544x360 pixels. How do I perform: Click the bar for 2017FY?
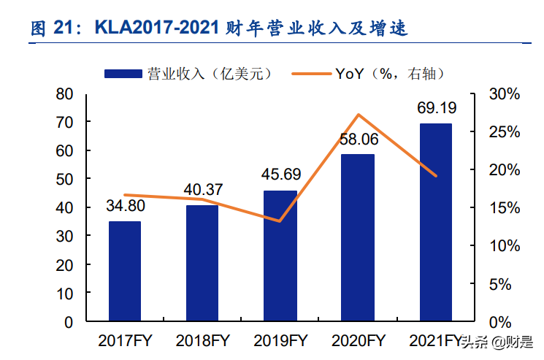click(x=125, y=271)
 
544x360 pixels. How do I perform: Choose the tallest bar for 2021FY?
click(x=435, y=222)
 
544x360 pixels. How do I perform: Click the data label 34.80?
click(x=125, y=206)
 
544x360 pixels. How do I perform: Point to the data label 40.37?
click(x=202, y=190)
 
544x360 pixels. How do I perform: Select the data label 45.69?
click(x=280, y=175)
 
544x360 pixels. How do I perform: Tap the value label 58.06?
click(x=358, y=139)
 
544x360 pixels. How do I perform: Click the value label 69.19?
click(x=437, y=108)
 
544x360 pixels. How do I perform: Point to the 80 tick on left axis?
click(x=64, y=94)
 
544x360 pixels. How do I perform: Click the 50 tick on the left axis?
click(x=64, y=180)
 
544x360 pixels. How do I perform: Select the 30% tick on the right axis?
click(x=504, y=94)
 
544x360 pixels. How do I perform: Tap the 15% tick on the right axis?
click(x=504, y=208)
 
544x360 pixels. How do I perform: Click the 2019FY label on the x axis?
click(x=280, y=341)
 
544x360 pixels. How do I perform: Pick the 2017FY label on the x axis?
click(x=125, y=341)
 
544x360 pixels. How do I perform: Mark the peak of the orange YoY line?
click(x=359, y=115)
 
